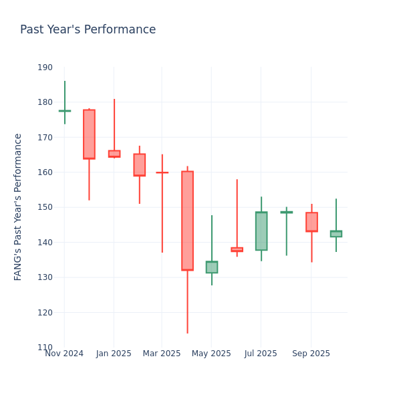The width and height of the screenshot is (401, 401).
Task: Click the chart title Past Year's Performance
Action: [88, 30]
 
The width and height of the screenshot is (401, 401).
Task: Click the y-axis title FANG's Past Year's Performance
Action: [18, 207]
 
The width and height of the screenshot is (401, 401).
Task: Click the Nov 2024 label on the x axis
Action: [64, 354]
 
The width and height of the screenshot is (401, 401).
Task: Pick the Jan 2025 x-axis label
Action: [114, 354]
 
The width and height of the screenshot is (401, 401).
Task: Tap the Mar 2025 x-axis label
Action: [162, 354]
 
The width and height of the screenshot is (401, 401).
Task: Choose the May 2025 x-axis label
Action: [211, 354]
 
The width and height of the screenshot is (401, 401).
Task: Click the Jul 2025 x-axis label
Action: [261, 354]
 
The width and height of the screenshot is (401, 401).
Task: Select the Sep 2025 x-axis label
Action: [311, 354]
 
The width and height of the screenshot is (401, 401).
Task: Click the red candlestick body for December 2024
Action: [89, 134]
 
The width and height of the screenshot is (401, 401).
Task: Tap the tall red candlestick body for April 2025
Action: [187, 221]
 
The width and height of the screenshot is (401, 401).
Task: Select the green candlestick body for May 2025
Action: [212, 267]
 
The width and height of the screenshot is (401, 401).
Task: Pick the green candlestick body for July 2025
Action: [261, 231]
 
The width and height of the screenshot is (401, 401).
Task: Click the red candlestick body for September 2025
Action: [311, 222]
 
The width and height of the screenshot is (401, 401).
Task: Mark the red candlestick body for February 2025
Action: [139, 165]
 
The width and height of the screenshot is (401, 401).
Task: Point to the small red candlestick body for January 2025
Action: [114, 154]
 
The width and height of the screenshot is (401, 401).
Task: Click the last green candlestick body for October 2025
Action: [336, 234]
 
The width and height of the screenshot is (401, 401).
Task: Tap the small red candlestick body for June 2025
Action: [237, 249]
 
